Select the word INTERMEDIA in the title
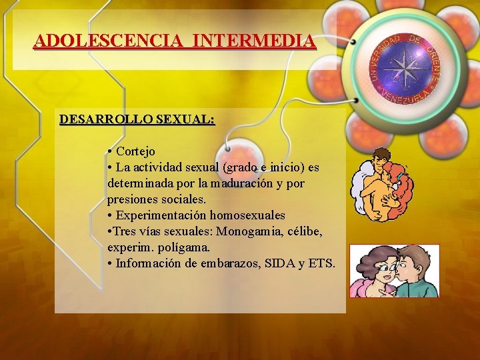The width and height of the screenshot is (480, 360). (254, 41)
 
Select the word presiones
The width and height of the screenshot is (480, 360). (133, 199)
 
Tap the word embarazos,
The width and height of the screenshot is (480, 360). (227, 263)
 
